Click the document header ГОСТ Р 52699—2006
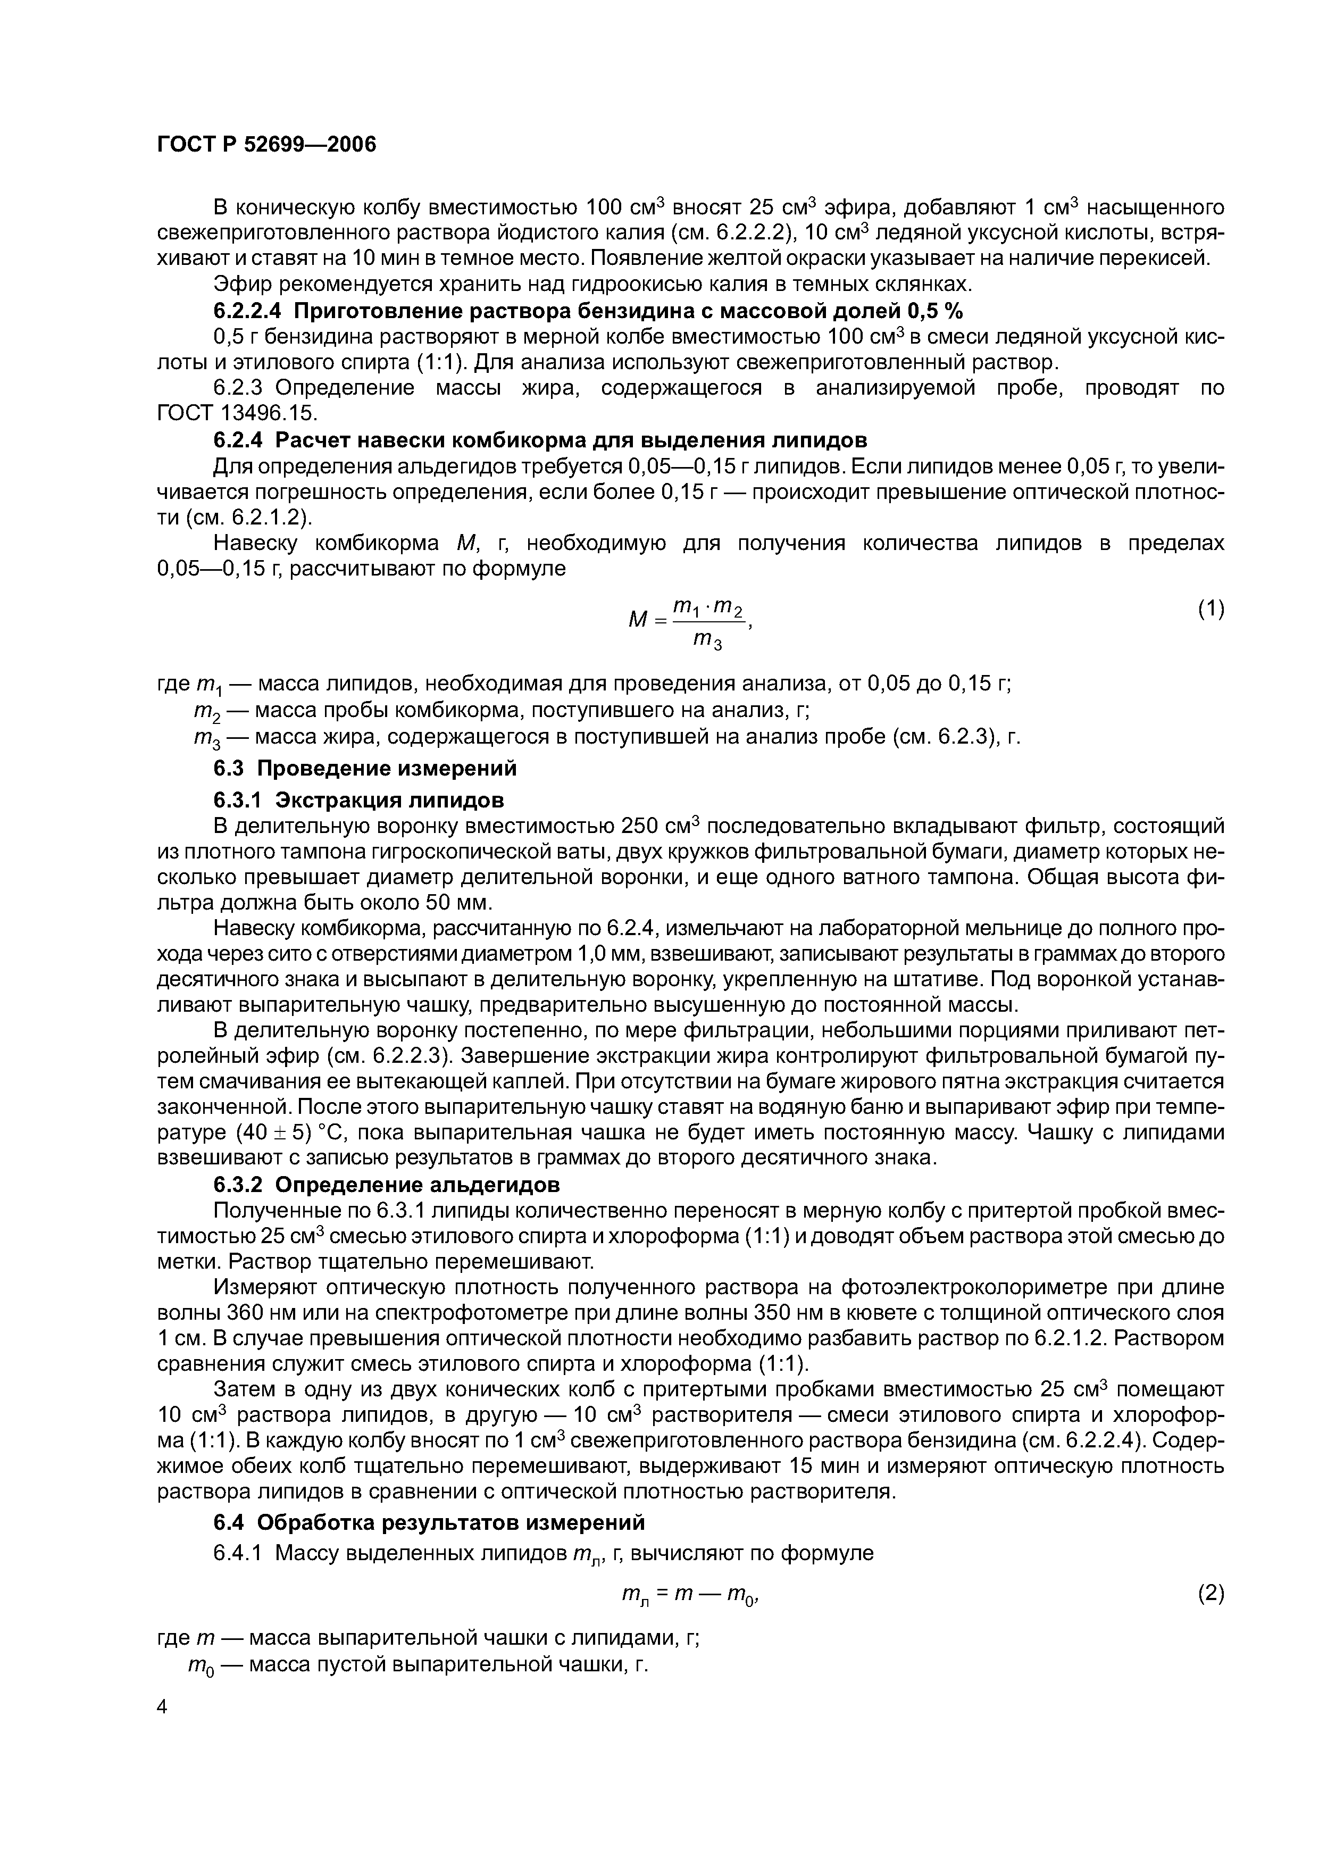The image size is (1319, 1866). tap(266, 145)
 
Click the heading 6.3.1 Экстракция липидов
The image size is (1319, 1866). tap(358, 801)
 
